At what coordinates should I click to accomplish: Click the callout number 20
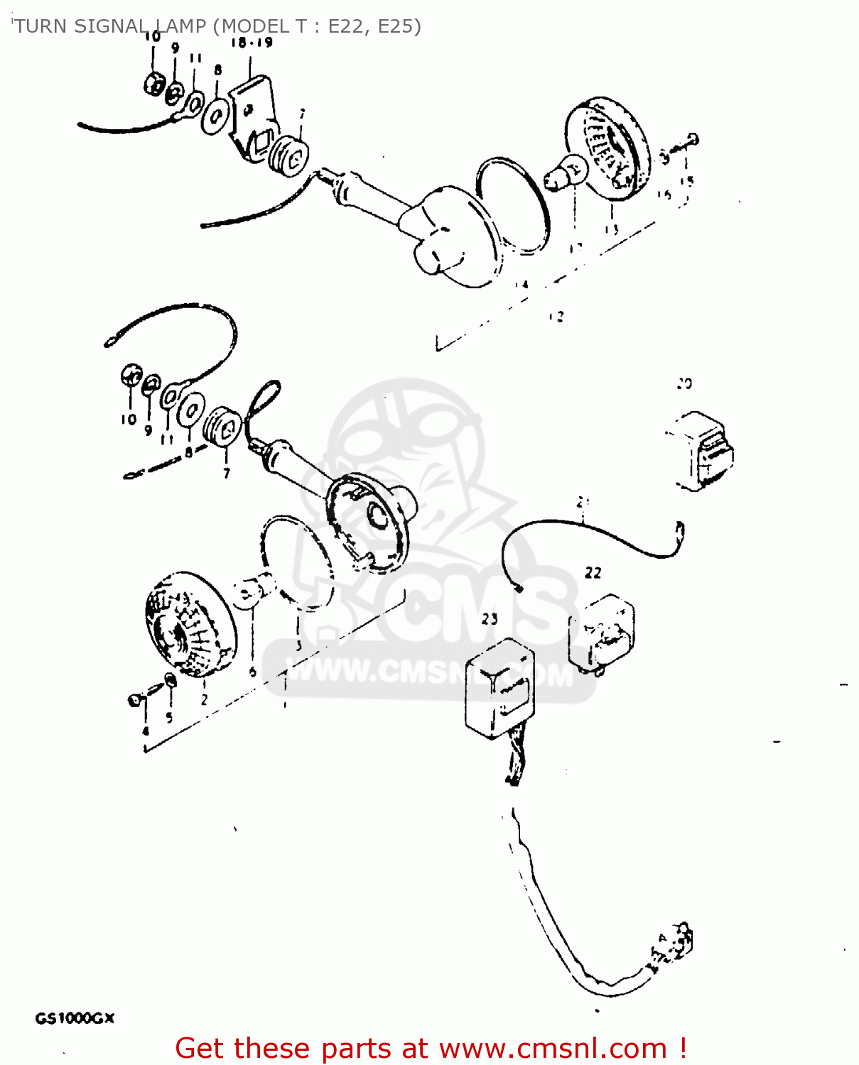[x=684, y=384]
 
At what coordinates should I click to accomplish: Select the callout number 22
[x=593, y=572]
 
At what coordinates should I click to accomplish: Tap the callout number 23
[x=490, y=619]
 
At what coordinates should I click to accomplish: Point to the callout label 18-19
[x=251, y=43]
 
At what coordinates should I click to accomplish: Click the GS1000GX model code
[x=75, y=1019]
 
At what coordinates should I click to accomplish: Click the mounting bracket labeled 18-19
[x=252, y=117]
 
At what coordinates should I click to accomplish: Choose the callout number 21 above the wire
[x=583, y=503]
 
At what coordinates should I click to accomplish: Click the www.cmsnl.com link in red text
[x=553, y=1048]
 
